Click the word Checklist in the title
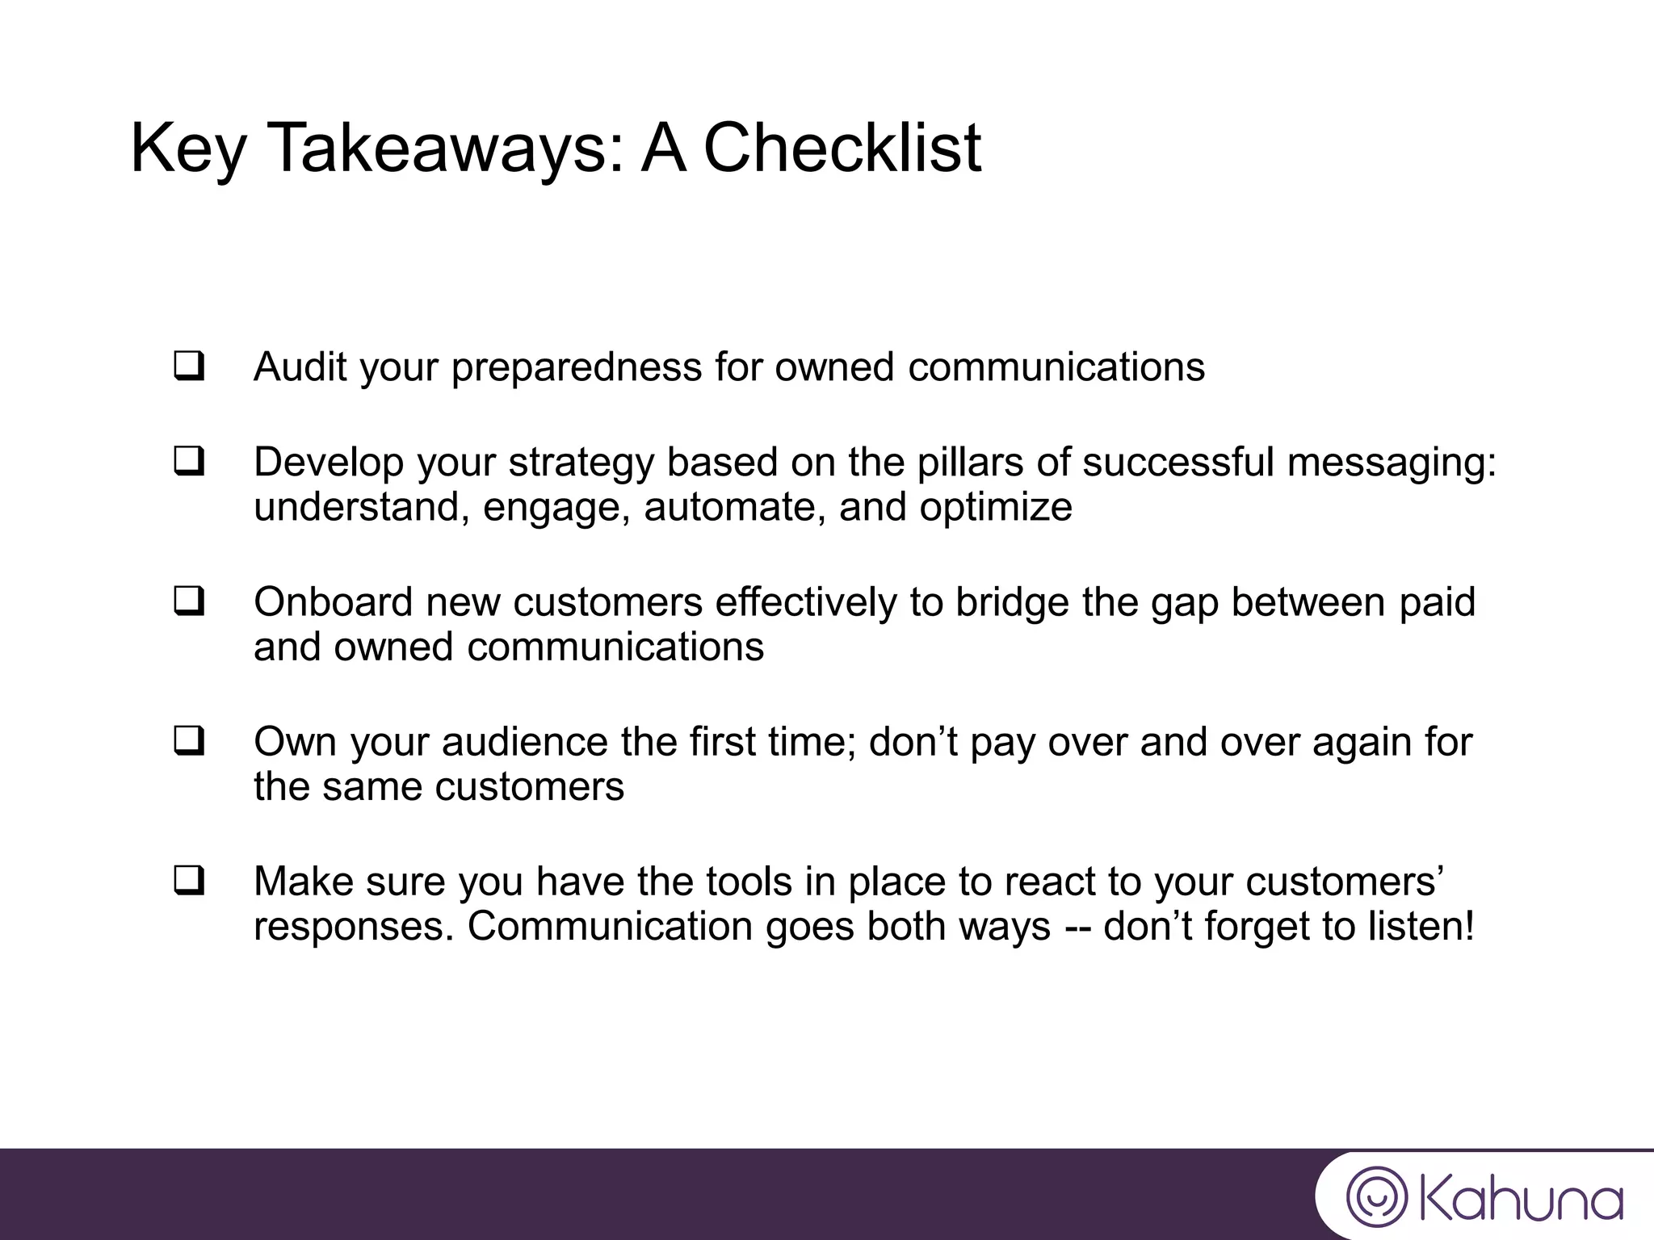click(x=842, y=149)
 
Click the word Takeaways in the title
click(x=445, y=149)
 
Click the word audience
click(x=525, y=743)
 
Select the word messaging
click(x=1392, y=463)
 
